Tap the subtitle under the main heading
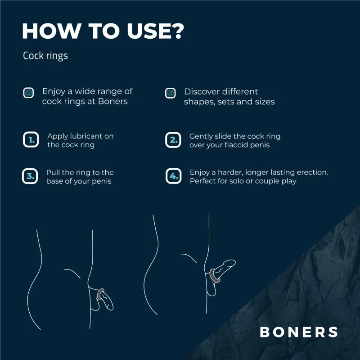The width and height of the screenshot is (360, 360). [45, 56]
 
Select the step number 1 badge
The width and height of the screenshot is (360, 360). [31, 139]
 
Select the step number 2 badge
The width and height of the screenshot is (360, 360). [173, 139]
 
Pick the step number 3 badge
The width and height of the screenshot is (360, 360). [30, 176]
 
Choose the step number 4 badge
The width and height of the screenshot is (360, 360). [174, 176]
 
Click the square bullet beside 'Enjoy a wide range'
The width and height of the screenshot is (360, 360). [28, 93]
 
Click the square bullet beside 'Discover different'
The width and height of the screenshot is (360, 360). [170, 93]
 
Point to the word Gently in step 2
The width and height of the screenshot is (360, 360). [201, 136]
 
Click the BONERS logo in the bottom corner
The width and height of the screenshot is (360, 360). [299, 332]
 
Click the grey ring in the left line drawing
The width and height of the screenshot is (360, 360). [101, 295]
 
